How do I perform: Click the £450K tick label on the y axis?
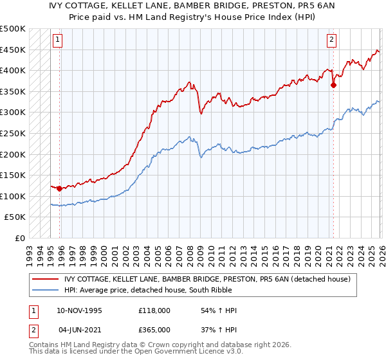pyautogui.click(x=13, y=50)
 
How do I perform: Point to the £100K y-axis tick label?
pyautogui.click(x=13, y=197)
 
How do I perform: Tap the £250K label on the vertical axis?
pyautogui.click(x=13, y=134)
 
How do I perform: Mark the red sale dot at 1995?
pyautogui.click(x=59, y=189)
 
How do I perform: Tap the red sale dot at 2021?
pyautogui.click(x=333, y=85)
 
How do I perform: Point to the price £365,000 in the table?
pyautogui.click(x=154, y=329)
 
